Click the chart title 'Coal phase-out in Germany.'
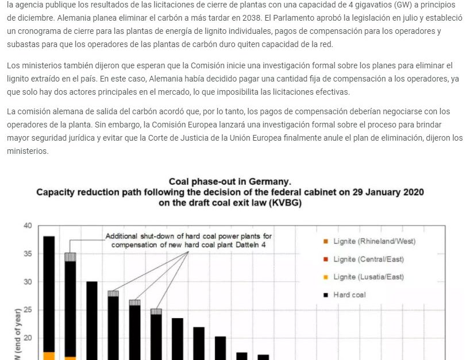pos(230,181)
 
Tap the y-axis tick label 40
pos(28,226)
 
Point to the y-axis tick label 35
pos(28,254)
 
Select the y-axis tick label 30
pos(28,282)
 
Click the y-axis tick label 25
pos(28,310)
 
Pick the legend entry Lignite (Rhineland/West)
pos(374,241)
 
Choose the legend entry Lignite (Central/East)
pos(368,259)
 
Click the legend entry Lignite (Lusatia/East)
pos(368,277)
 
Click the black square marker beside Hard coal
pos(326,295)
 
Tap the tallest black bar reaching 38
pos(49,287)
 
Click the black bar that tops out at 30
pos(92,316)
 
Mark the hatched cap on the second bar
pos(70,257)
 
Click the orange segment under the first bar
pos(49,356)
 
